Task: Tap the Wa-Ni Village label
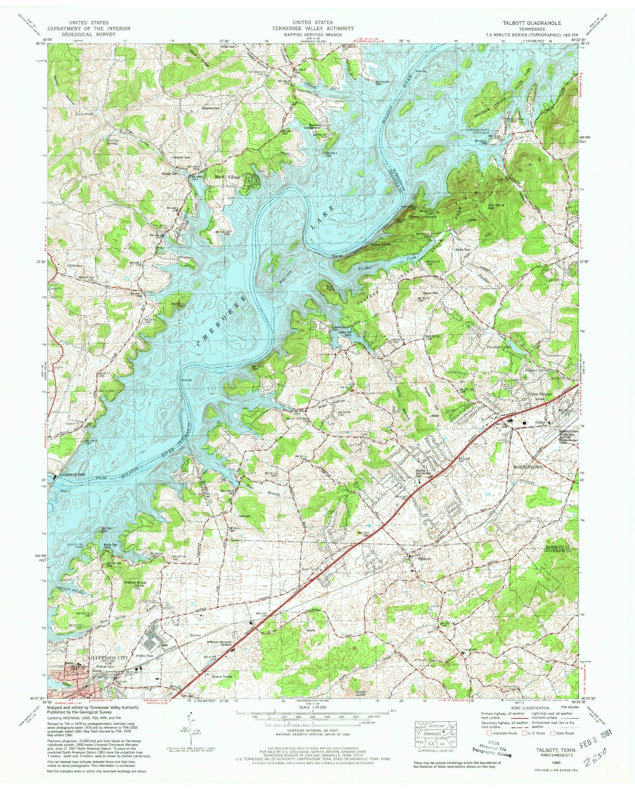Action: [x=227, y=177]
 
